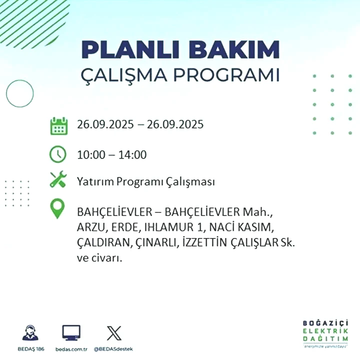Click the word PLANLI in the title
point(130,49)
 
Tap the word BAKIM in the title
point(233,49)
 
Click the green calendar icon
point(59,126)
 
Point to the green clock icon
point(58,154)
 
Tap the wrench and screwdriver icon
point(58,179)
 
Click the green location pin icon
point(57,208)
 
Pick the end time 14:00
point(132,154)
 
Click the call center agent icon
point(30,332)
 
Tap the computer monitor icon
point(71,332)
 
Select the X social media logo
point(114,333)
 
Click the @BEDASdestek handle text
point(113,349)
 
